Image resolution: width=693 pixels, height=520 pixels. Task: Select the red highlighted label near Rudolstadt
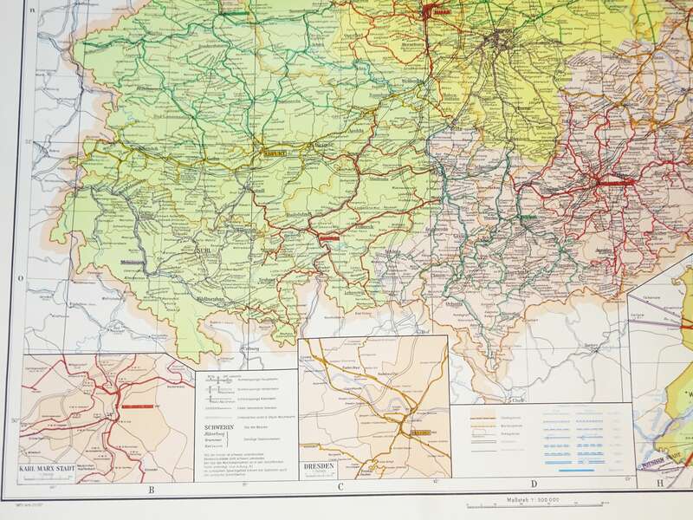pos(327,235)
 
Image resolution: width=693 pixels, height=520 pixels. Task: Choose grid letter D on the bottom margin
pos(534,484)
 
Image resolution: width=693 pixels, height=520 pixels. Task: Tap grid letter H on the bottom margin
pos(659,484)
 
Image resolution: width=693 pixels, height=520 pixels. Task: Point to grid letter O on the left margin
pos(21,279)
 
